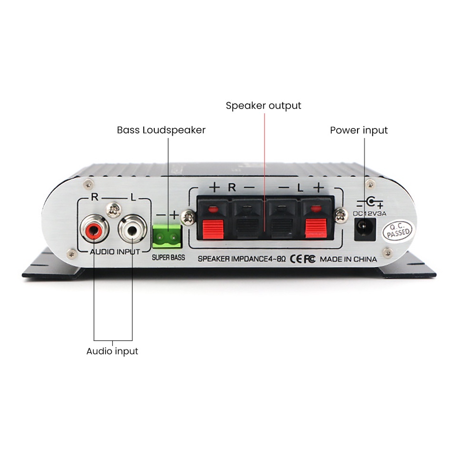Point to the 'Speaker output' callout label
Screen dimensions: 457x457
coord(263,105)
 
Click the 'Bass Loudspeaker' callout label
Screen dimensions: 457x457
coord(161,130)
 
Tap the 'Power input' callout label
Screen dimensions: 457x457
coord(358,130)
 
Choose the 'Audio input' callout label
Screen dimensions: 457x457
coord(112,351)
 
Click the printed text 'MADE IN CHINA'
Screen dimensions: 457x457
coord(348,259)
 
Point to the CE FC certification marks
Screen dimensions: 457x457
coord(303,259)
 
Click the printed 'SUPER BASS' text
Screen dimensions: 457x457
coord(168,258)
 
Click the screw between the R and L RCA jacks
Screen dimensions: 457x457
coord(113,208)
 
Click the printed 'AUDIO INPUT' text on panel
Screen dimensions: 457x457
coord(115,251)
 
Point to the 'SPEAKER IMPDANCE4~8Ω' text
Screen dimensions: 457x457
coord(241,259)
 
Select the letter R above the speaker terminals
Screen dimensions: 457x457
coord(232,187)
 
